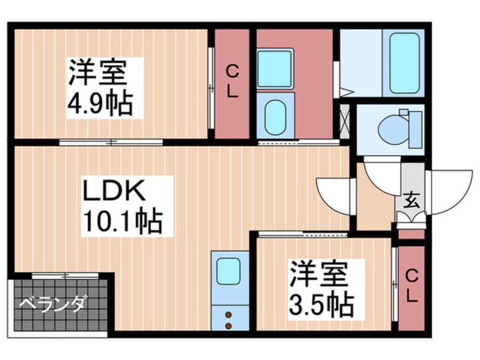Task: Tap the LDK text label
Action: (x=115, y=190)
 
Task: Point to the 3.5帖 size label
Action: (x=322, y=305)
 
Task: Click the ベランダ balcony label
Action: (x=52, y=304)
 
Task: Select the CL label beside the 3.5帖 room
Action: (x=412, y=287)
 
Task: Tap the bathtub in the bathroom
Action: (x=405, y=63)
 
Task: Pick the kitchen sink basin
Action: (x=228, y=271)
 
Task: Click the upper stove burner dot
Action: (x=228, y=315)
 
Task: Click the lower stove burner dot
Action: (x=228, y=326)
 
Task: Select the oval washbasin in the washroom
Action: (x=275, y=117)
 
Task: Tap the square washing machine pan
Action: (x=275, y=69)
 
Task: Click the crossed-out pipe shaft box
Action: (x=345, y=122)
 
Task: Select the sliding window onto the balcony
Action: (x=65, y=275)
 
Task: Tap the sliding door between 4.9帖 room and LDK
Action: (x=111, y=143)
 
